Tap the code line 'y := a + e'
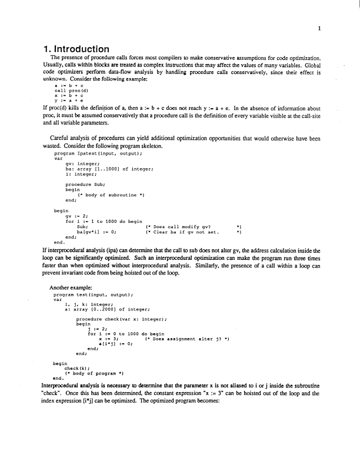tap(65, 101)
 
